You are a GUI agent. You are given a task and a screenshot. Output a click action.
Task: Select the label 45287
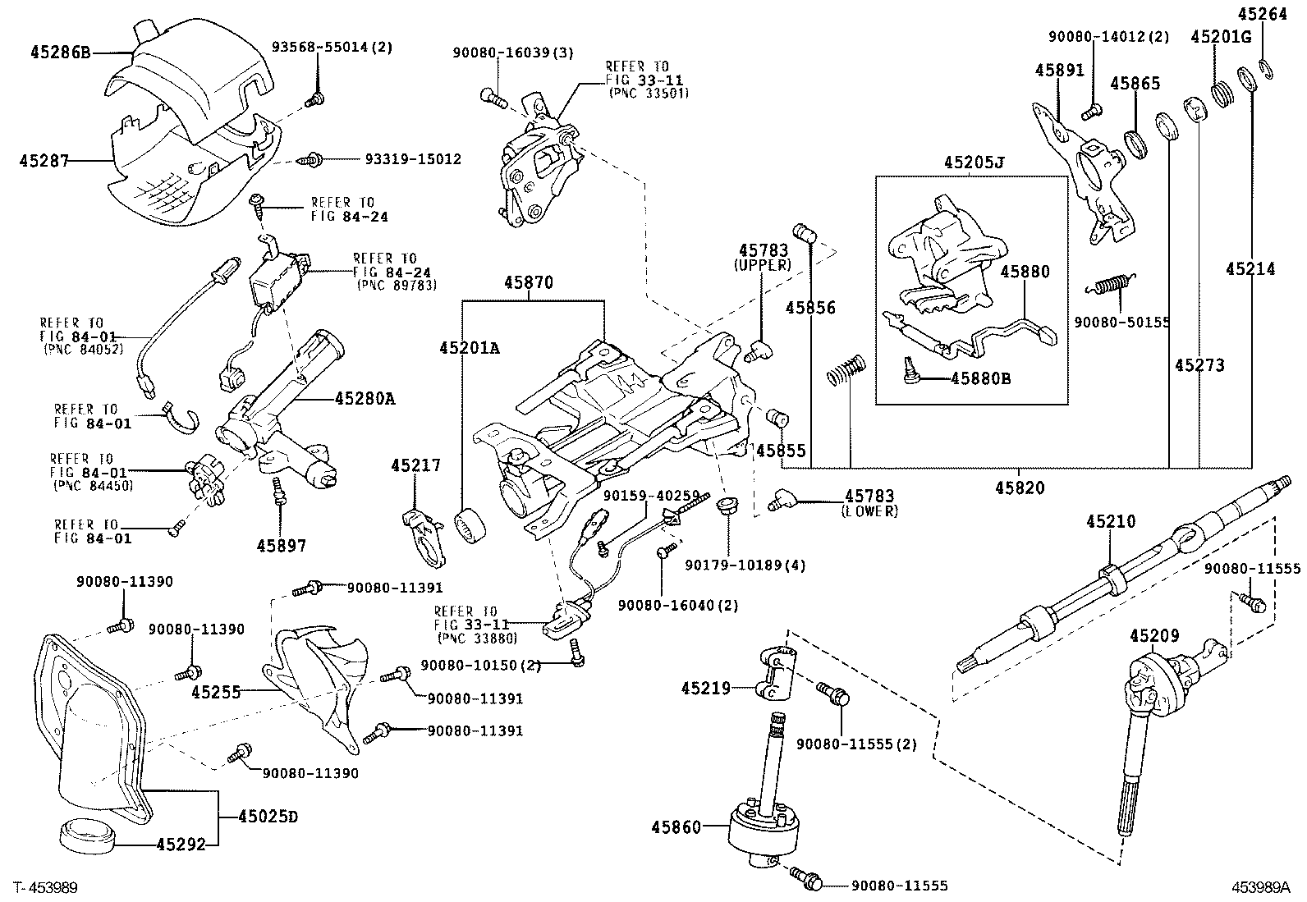point(42,160)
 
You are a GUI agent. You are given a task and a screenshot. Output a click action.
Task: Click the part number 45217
point(415,465)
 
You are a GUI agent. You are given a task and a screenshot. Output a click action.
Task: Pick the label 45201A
point(469,348)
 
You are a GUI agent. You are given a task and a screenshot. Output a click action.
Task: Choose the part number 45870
point(529,283)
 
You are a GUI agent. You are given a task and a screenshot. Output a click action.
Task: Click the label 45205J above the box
point(974,163)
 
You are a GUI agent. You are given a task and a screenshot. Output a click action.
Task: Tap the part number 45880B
point(981,378)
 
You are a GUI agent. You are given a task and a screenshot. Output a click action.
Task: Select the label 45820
point(1020,488)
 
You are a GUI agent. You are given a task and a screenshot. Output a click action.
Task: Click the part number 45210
point(1111,521)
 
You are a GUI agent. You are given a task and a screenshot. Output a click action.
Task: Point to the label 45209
point(1154,635)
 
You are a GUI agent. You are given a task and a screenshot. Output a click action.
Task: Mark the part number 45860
point(677,826)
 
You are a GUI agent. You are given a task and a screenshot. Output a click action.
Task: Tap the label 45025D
point(268,817)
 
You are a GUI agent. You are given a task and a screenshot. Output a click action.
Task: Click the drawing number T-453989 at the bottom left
point(46,887)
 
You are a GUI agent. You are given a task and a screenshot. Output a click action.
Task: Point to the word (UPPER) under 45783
point(763,265)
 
